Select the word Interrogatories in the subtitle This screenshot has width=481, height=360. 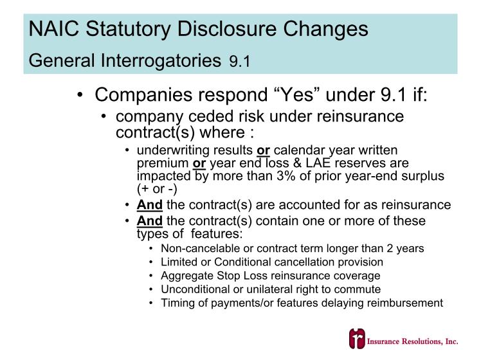161,60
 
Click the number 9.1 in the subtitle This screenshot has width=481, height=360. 240,62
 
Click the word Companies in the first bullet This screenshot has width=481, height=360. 143,95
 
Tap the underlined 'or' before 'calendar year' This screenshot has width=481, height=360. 263,150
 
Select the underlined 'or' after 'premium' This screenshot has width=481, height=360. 199,163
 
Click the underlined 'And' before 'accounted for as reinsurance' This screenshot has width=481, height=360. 149,205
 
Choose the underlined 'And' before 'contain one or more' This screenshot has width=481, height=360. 149,221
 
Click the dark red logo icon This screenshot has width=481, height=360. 357,339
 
